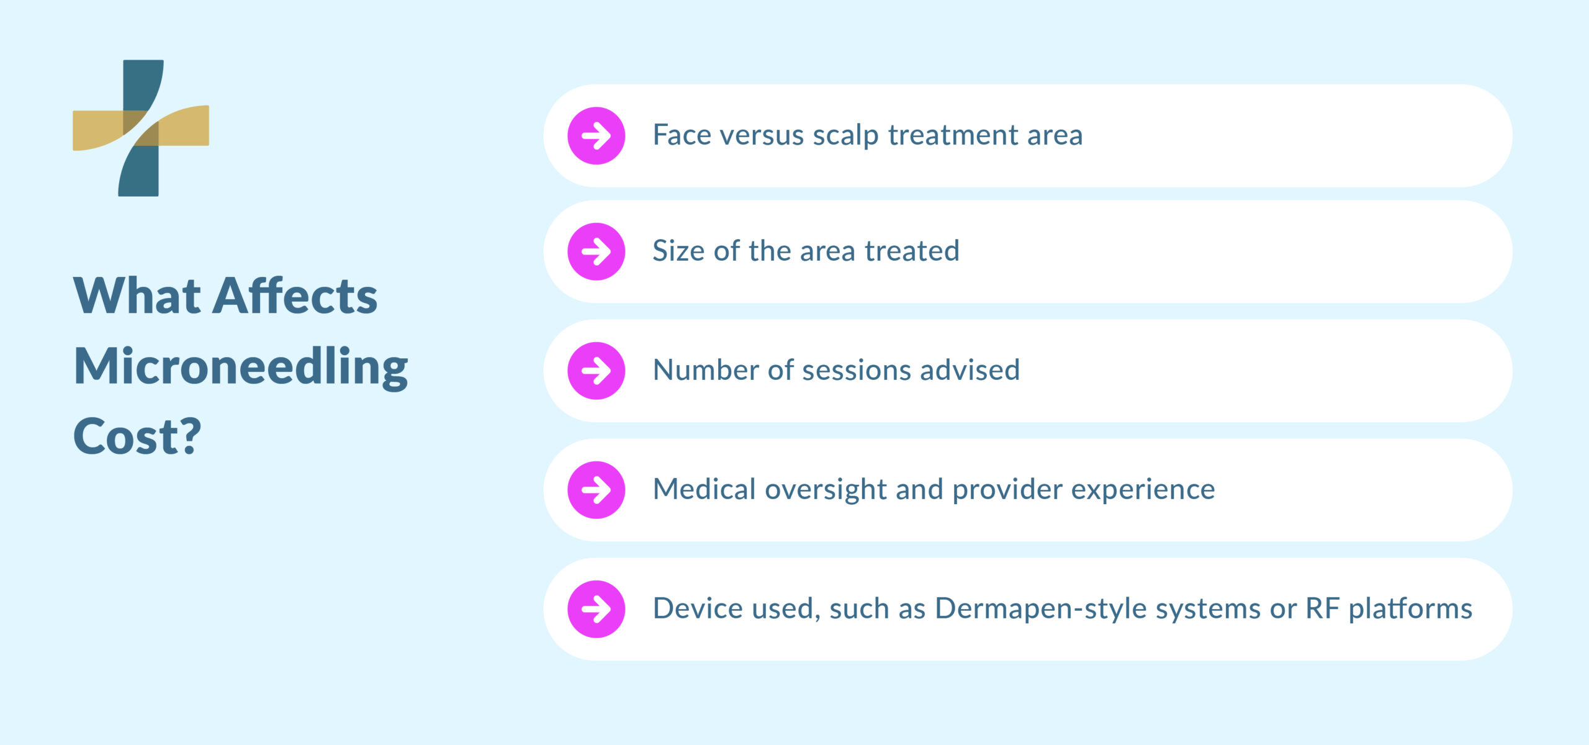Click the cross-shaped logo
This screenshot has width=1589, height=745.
(141, 128)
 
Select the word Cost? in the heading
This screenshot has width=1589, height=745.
(137, 436)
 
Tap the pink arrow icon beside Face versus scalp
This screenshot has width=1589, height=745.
(596, 136)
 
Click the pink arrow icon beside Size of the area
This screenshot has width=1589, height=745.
(596, 251)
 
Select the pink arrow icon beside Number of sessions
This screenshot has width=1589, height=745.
(596, 371)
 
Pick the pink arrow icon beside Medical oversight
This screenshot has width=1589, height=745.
(596, 490)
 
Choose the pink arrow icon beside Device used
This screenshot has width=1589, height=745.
(596, 609)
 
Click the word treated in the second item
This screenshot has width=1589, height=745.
(912, 251)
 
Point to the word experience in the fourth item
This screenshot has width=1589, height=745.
(1143, 490)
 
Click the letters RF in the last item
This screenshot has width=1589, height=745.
(1322, 609)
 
